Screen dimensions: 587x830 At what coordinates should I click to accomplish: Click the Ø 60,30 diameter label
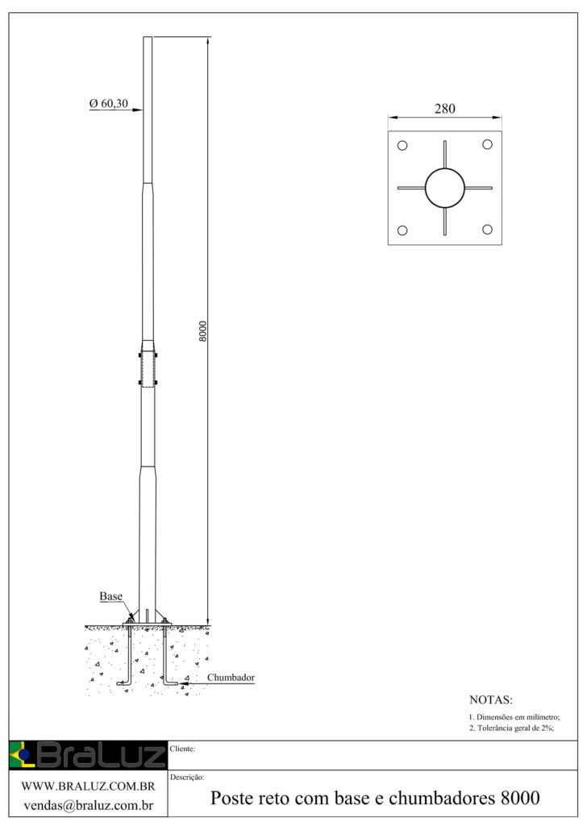(x=109, y=104)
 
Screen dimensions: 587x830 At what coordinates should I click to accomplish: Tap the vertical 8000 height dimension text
(x=203, y=331)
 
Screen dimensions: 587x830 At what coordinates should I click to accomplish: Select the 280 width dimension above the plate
(x=444, y=109)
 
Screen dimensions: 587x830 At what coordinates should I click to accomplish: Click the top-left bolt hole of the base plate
(x=402, y=145)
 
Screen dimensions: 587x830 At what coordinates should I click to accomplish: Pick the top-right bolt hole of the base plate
(x=487, y=144)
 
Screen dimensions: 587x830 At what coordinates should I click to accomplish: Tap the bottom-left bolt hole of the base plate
(x=402, y=230)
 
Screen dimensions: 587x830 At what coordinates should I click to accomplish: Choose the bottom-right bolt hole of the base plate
(x=487, y=229)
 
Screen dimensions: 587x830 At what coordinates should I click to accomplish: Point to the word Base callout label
(x=110, y=596)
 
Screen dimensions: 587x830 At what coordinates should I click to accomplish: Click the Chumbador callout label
(x=231, y=678)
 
